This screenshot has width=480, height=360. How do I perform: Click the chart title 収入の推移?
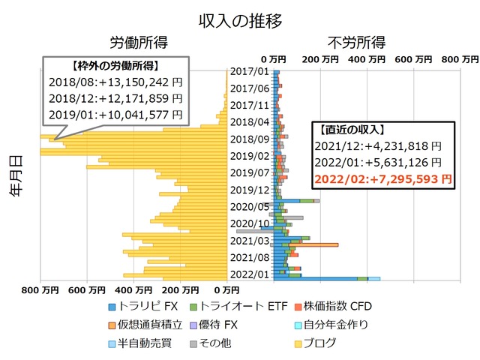pos(240,20)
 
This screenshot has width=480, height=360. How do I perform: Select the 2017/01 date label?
pos(250,72)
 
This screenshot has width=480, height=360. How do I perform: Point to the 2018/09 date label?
pos(250,139)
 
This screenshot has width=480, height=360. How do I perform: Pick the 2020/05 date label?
pos(250,206)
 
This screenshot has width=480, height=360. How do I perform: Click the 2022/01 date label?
pos(250,274)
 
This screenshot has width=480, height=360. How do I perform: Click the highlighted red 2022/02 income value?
pos(382,178)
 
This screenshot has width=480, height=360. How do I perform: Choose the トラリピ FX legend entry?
pos(143,306)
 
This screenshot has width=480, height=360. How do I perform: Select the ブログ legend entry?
pos(318,343)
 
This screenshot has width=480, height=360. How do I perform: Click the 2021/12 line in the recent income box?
pos(382,146)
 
